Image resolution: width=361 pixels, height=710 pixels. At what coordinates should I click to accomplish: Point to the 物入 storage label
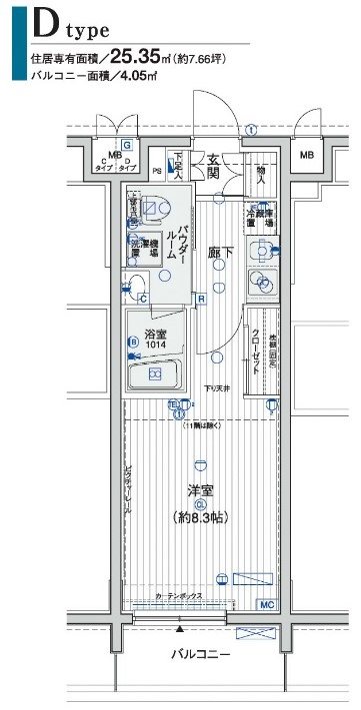coord(259,175)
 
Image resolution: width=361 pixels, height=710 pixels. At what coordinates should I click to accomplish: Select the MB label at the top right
coord(305,155)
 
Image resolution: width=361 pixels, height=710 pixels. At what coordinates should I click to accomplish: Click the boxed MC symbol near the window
coord(267,604)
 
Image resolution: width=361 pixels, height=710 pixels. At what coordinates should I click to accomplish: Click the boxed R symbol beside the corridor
coord(200,297)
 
